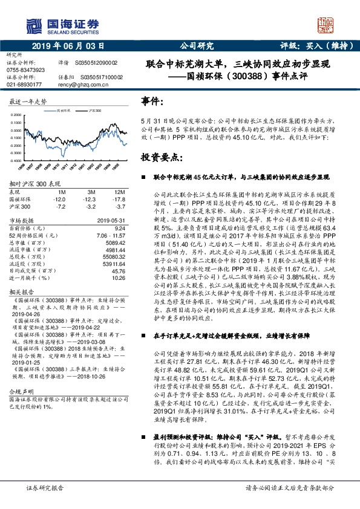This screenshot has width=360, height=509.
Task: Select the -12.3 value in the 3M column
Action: [90, 198]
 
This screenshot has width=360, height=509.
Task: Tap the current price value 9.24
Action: [119, 228]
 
